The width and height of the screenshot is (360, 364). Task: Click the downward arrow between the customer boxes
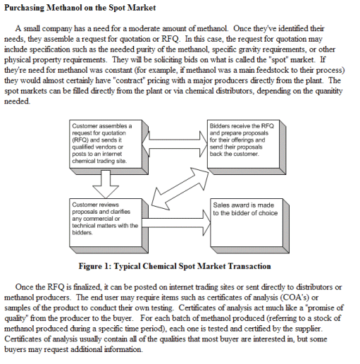pyautogui.click(x=106, y=184)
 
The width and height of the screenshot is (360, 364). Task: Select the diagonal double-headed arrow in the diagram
pyautogui.click(x=180, y=188)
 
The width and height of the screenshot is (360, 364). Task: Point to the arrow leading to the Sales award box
pyautogui.click(x=176, y=222)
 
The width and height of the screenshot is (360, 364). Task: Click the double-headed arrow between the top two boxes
pyautogui.click(x=175, y=144)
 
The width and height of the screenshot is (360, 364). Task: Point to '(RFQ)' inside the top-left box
pyautogui.click(x=80, y=140)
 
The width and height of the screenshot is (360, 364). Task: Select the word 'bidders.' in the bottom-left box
pyautogui.click(x=82, y=233)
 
